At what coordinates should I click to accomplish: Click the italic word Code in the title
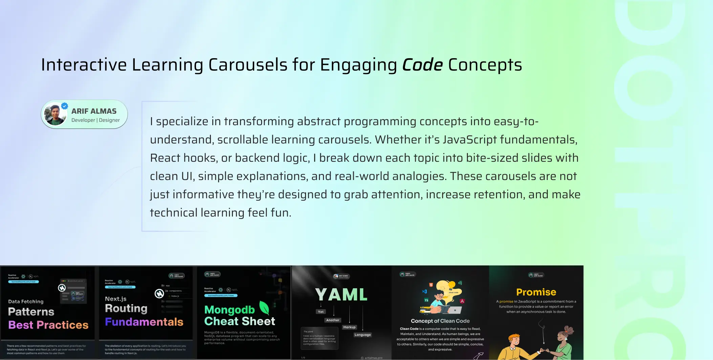[x=422, y=65]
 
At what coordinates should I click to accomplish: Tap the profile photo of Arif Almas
[x=56, y=114]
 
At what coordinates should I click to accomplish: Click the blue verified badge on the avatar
[x=65, y=106]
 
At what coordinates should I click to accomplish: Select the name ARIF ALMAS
[x=94, y=111]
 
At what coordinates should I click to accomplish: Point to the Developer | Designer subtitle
[x=95, y=120]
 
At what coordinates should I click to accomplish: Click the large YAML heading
[x=341, y=294]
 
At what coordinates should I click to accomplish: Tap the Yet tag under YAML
[x=321, y=312]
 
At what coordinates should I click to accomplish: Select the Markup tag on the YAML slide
[x=349, y=327]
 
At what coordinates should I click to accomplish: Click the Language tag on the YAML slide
[x=363, y=335]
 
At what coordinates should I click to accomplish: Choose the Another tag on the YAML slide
[x=332, y=320]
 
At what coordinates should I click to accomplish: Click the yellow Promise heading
[x=536, y=292]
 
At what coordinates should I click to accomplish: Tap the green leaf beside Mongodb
[x=264, y=308]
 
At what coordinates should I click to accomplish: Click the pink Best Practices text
[x=48, y=325]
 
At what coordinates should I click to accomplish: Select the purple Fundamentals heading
[x=144, y=322]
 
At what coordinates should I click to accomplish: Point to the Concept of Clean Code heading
[x=440, y=321]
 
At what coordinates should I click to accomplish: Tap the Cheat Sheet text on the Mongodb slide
[x=240, y=321]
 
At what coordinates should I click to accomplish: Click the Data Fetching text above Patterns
[x=26, y=301]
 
